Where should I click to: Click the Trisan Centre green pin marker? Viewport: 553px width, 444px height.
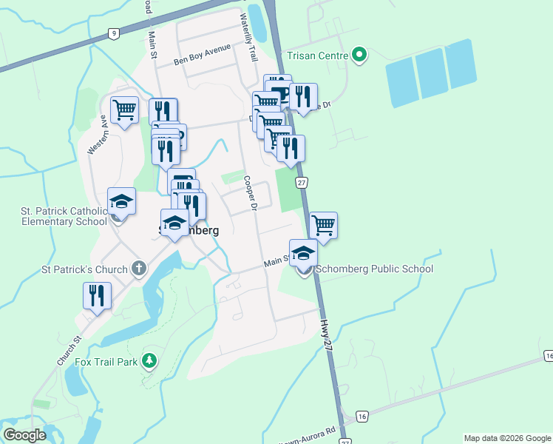(x=359, y=54)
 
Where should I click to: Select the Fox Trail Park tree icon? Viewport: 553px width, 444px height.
(x=150, y=360)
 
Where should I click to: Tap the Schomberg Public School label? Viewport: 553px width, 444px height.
(x=374, y=269)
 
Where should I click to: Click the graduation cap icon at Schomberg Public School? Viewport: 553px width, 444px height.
(x=303, y=254)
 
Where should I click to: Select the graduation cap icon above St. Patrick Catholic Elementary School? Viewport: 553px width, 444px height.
(x=122, y=201)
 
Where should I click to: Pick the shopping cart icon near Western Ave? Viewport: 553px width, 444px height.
(x=125, y=110)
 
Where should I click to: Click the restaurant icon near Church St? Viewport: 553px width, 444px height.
(x=98, y=295)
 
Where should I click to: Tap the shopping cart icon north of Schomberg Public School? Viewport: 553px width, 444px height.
(x=324, y=224)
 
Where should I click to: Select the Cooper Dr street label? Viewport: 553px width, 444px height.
(x=250, y=193)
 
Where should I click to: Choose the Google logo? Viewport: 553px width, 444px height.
(x=25, y=435)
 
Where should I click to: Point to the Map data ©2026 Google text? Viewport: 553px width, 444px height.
(x=506, y=438)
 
